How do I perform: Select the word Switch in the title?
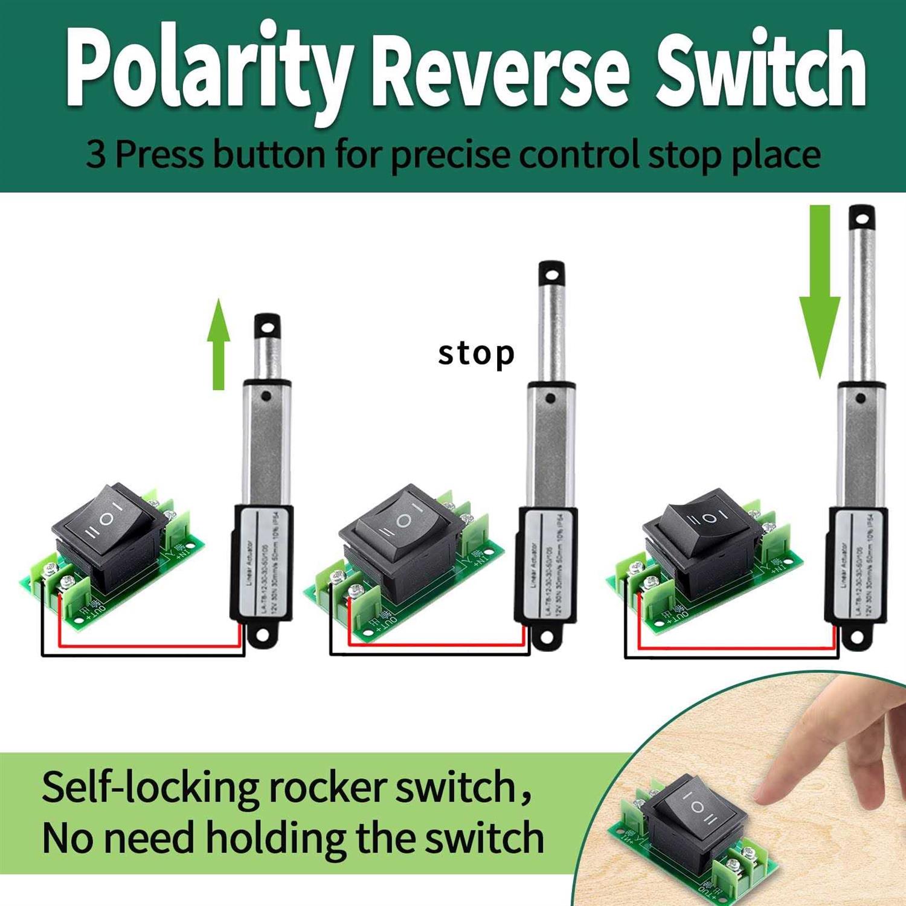(761, 69)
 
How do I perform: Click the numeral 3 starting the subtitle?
(95, 155)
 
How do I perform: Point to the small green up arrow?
(219, 344)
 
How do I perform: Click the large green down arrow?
(820, 290)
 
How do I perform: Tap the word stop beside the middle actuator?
(476, 353)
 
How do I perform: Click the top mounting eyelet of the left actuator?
(266, 327)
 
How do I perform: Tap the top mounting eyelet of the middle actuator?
(551, 274)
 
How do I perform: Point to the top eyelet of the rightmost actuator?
(862, 218)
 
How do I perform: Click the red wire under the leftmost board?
(151, 645)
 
